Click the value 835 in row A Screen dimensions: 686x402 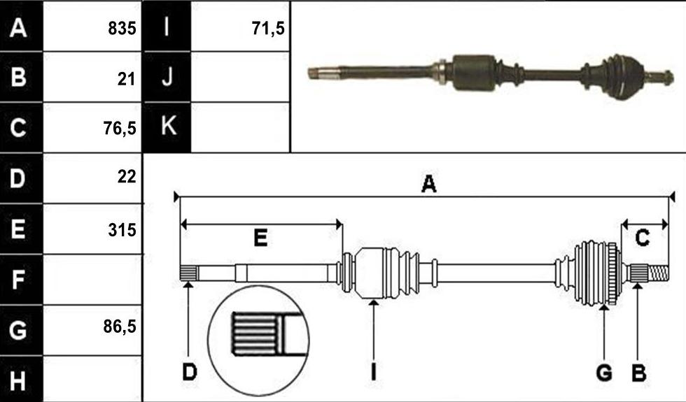[x=122, y=29]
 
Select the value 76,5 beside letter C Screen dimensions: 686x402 [x=120, y=128]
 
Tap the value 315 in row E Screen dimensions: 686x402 [x=122, y=230]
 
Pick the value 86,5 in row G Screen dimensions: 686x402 [x=120, y=326]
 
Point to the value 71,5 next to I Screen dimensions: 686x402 [x=268, y=29]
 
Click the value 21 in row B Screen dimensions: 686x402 [x=127, y=79]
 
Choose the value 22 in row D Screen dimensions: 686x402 [x=127, y=176]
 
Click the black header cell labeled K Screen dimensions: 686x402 [x=167, y=127]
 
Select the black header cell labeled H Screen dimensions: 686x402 [x=21, y=379]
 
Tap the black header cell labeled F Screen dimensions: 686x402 [x=21, y=280]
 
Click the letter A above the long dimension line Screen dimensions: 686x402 [x=428, y=183]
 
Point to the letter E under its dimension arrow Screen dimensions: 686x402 [x=260, y=238]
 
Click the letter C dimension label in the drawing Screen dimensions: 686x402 [x=642, y=238]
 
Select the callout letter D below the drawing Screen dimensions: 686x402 [x=190, y=372]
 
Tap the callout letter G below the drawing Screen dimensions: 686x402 [x=604, y=373]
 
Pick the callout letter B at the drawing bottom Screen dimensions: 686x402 [x=638, y=373]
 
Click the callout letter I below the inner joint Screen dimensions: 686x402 [x=373, y=372]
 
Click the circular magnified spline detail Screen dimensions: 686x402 [x=258, y=340]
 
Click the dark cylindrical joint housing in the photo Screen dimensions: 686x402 [x=475, y=73]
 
